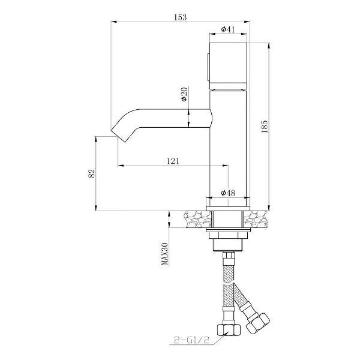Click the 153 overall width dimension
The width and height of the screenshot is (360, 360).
click(x=180, y=17)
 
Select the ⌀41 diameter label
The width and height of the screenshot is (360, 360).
click(x=228, y=29)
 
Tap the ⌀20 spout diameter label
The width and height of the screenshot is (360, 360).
click(x=184, y=94)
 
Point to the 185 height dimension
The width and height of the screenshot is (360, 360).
click(x=264, y=127)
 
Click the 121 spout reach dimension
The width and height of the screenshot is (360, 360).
click(x=173, y=161)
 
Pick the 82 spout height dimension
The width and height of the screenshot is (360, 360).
click(x=92, y=173)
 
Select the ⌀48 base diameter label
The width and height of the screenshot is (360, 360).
click(x=228, y=193)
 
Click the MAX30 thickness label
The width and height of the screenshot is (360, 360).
click(x=164, y=254)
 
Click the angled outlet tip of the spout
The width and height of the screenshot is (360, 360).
click(x=118, y=136)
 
